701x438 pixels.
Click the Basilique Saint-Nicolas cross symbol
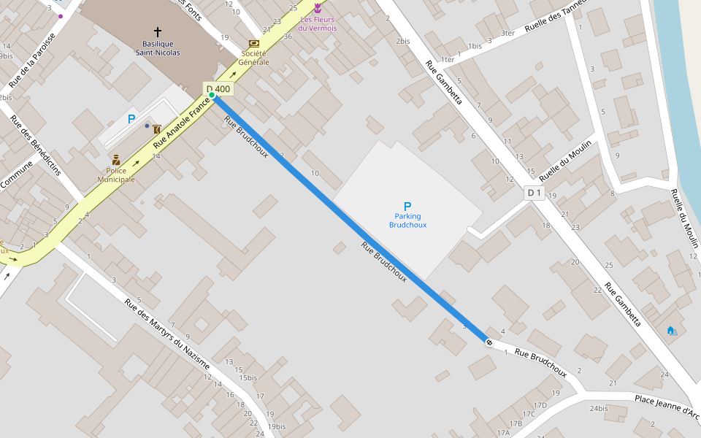pos(157,32)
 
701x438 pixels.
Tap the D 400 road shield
pos(218,89)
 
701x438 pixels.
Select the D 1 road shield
pos(535,193)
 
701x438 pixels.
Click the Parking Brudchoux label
pos(407,220)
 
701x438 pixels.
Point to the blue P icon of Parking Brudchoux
pos(407,207)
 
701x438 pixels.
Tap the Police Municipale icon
pos(116,160)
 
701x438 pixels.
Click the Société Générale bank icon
pos(253,45)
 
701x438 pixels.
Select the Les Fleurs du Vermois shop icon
pos(318,9)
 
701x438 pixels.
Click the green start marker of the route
pos(212,95)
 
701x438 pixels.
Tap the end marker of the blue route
pos(488,341)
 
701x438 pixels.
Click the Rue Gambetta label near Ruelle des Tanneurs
pos(444,82)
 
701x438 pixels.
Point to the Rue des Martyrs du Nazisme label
pos(167,334)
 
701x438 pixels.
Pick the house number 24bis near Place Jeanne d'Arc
pos(599,408)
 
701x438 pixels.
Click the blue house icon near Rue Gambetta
pos(671,331)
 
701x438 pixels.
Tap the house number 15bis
pos(248,377)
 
